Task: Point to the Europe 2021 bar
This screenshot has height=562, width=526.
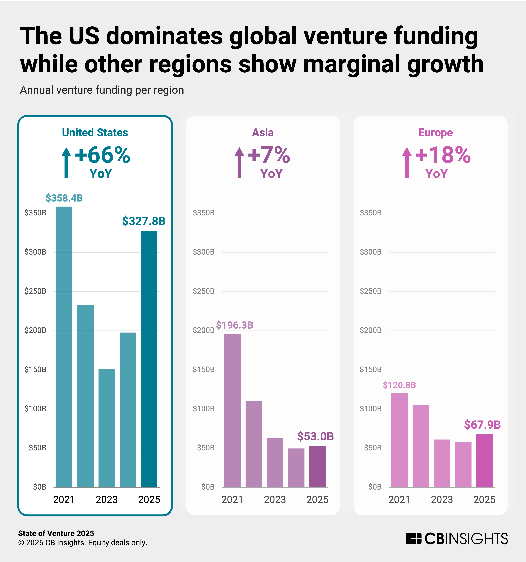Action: pyautogui.click(x=399, y=440)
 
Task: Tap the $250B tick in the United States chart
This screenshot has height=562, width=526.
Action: pyautogui.click(x=35, y=291)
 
